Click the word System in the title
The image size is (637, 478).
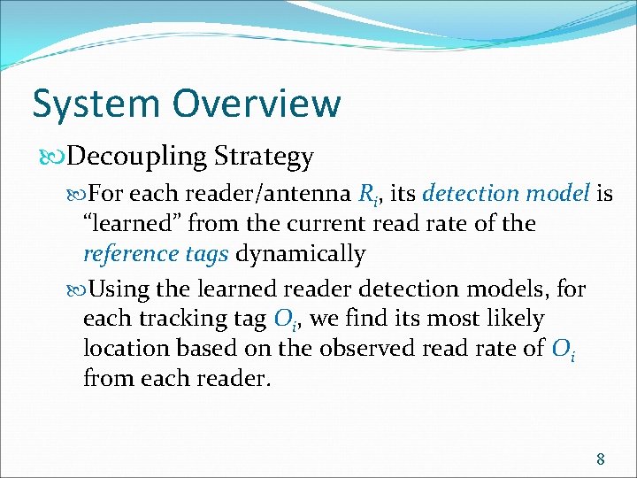[96, 104]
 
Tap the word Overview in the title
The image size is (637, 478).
[257, 104]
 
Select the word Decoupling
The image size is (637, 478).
[138, 158]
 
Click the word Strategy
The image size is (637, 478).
[265, 158]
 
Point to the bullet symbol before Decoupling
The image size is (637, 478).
[54, 158]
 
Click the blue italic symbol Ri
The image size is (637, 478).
[370, 194]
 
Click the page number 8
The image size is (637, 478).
[601, 459]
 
